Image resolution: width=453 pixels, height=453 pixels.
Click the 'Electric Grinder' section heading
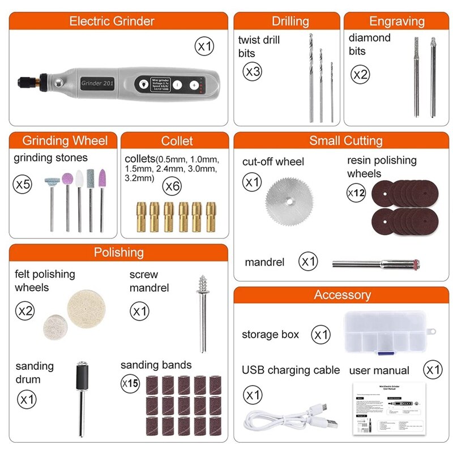pyautogui.click(x=112, y=22)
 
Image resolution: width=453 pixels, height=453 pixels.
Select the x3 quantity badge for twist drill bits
pyautogui.click(x=252, y=72)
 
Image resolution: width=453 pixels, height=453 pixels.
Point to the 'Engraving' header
pyautogui.click(x=396, y=22)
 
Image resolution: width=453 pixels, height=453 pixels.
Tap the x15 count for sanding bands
pyautogui.click(x=130, y=383)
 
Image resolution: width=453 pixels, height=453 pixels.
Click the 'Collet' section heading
pyautogui.click(x=177, y=141)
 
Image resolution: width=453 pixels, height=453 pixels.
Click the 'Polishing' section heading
pyautogui.click(x=118, y=253)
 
